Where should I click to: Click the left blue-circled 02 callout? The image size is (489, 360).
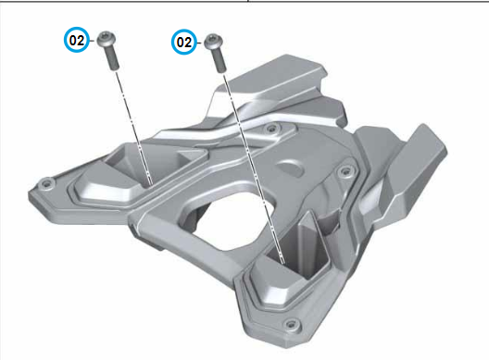click(x=76, y=40)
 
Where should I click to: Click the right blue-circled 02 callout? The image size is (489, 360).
click(x=184, y=42)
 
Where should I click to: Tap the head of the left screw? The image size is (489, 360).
click(x=106, y=39)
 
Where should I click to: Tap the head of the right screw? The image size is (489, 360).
click(x=214, y=41)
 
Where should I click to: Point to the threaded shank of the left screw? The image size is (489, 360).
click(x=113, y=59)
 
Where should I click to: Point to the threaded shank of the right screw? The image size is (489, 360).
click(x=219, y=61)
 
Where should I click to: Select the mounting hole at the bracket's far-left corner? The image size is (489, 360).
click(x=47, y=183)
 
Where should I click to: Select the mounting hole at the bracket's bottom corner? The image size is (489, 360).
click(x=292, y=325)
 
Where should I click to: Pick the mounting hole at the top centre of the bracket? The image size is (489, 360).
click(x=271, y=128)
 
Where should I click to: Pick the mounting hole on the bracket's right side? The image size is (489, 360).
click(x=345, y=171)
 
